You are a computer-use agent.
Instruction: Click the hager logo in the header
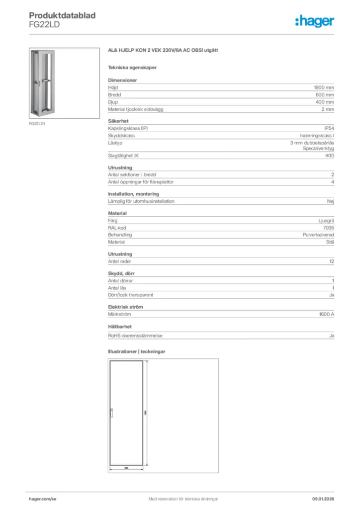point(314,20)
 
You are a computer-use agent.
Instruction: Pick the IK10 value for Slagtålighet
point(329,156)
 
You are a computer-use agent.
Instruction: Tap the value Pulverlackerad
point(318,235)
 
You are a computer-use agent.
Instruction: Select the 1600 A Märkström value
point(326,314)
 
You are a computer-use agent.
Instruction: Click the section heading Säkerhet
point(118,121)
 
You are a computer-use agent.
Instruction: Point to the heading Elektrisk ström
point(125,307)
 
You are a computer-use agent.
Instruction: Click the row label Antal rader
point(120,261)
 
